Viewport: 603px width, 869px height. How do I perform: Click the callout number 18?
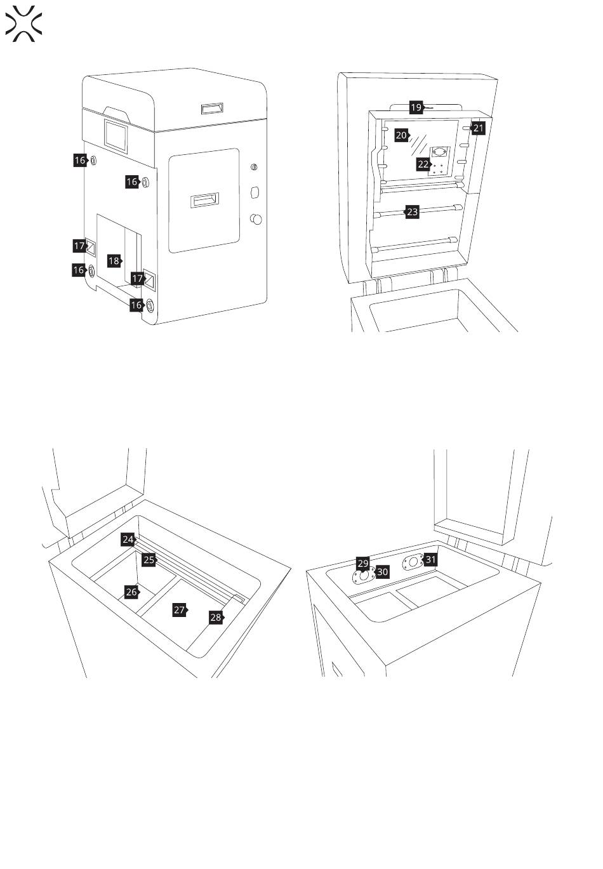[114, 260]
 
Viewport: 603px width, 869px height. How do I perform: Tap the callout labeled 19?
[416, 107]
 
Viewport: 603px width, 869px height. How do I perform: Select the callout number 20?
[401, 135]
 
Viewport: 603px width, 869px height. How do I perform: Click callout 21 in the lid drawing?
[478, 129]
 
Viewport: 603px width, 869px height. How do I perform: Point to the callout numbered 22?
[423, 164]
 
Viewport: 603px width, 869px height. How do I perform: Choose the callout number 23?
[413, 212]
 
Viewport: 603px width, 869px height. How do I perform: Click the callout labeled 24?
[128, 540]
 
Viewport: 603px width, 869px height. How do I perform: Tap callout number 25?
[149, 560]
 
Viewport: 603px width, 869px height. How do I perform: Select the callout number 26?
[131, 592]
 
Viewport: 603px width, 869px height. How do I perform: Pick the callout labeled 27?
[180, 610]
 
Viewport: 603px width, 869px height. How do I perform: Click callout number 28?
[216, 617]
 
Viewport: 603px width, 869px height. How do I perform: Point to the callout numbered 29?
[362, 563]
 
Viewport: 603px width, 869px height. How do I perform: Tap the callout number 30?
[382, 572]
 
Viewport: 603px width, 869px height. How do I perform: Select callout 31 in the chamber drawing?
[430, 559]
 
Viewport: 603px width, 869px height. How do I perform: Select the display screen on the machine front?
[115, 135]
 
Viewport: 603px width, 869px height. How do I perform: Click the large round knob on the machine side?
[256, 220]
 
